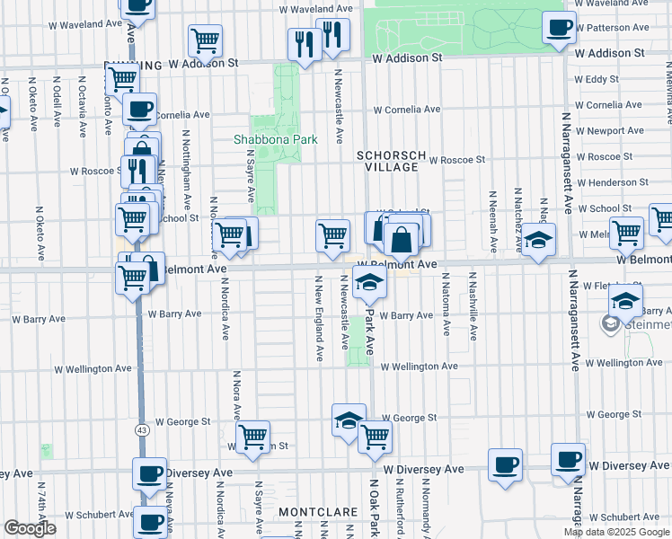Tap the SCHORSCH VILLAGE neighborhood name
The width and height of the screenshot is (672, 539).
click(388, 161)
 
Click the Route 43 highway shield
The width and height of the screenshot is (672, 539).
click(141, 431)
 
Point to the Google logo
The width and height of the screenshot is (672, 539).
click(30, 528)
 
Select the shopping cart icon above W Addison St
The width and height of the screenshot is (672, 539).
click(205, 40)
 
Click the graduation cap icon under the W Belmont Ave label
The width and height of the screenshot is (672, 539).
click(367, 283)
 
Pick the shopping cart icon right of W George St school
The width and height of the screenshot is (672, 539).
click(375, 436)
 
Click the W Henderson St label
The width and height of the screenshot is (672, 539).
click(615, 182)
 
